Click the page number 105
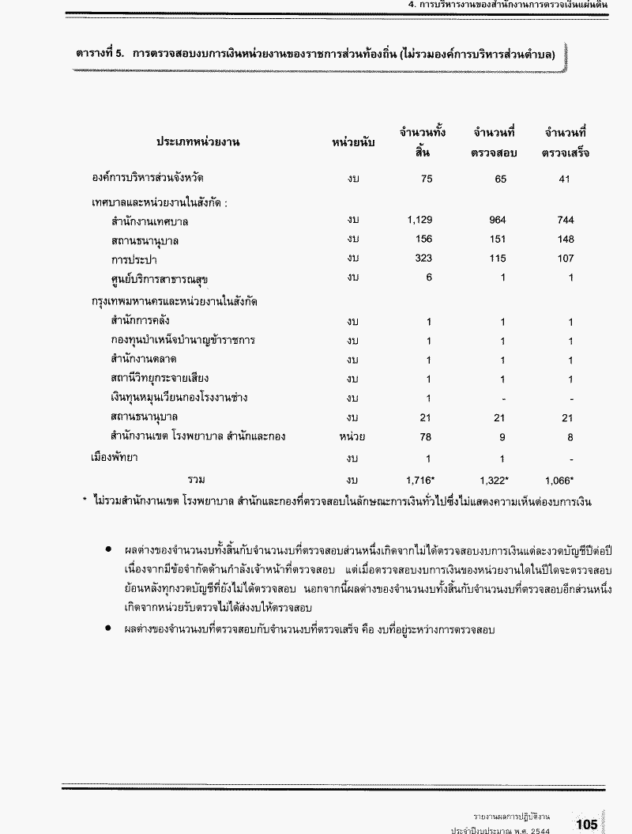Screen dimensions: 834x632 586,825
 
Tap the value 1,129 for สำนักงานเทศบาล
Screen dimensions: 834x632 419,221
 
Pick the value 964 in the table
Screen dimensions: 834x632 497,221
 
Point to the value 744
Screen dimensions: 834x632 565,221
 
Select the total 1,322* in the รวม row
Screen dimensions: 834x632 495,479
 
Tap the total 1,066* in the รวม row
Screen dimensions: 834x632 559,479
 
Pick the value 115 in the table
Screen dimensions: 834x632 497,259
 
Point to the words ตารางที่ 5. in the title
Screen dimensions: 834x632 101,55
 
